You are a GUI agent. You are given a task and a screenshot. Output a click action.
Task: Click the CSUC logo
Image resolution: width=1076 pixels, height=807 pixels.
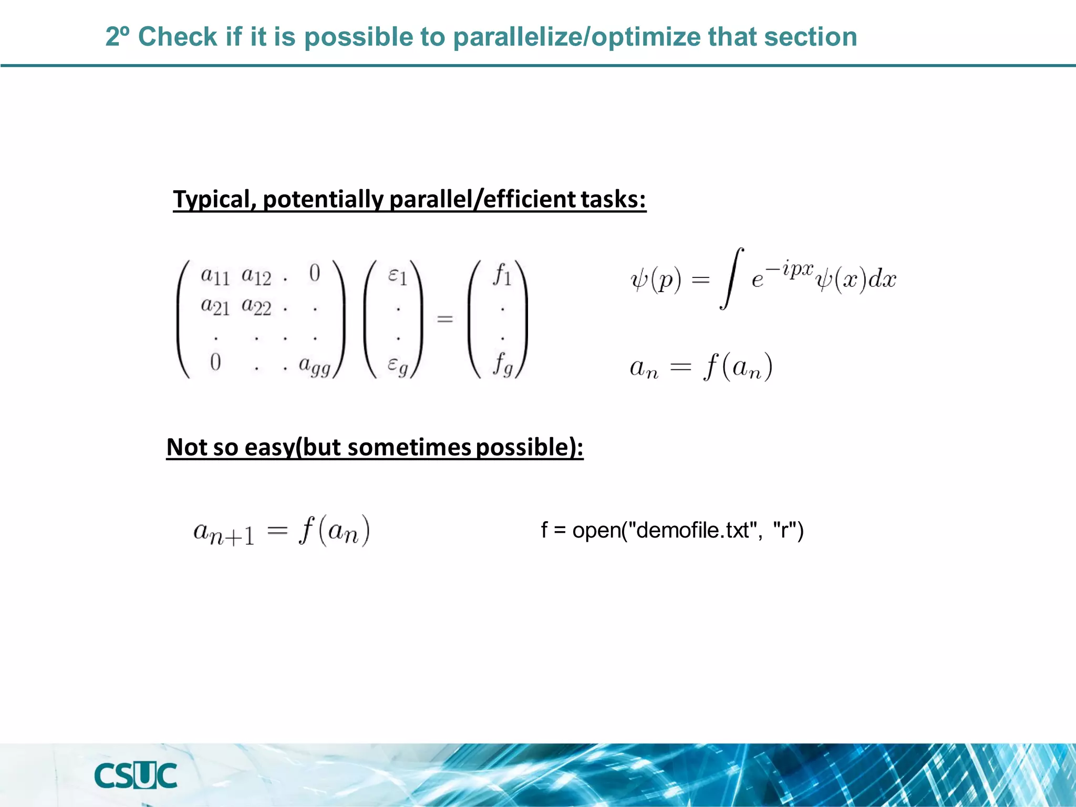[x=136, y=775]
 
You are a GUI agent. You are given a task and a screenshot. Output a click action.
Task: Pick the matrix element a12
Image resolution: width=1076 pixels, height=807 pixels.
[x=256, y=275]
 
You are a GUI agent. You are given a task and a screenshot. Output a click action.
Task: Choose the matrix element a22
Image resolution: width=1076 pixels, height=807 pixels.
[x=256, y=306]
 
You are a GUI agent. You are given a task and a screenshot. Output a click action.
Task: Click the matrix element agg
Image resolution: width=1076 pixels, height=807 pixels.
[x=314, y=365]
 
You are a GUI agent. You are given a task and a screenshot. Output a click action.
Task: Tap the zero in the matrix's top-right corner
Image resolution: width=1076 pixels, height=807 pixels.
[x=314, y=273]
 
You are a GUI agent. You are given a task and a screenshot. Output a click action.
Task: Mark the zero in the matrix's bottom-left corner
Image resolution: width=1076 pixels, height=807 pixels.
[x=215, y=363]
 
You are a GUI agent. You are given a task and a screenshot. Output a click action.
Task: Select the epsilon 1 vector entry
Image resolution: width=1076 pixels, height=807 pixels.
[x=398, y=275]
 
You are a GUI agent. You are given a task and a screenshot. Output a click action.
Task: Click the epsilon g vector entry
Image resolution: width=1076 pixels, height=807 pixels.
[x=398, y=365]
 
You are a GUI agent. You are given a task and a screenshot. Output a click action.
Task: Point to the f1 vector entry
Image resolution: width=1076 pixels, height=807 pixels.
[x=502, y=274]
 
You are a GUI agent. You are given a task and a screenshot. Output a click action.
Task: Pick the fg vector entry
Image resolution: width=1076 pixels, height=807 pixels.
[x=502, y=364]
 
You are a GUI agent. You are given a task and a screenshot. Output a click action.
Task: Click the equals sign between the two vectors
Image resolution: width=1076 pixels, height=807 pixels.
[x=445, y=318]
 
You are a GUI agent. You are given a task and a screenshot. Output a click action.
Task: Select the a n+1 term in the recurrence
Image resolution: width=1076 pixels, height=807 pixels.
[x=224, y=532]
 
